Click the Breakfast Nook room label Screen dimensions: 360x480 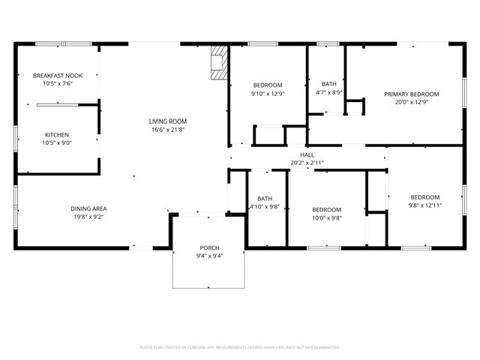[56, 75]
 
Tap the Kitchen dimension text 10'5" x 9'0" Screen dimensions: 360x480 [56, 142]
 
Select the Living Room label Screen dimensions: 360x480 [167, 121]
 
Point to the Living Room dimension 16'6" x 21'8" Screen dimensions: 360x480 [167, 129]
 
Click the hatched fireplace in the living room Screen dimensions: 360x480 [218, 63]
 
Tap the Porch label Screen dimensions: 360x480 [209, 247]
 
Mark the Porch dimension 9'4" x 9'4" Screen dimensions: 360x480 [209, 256]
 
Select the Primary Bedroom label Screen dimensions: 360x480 [411, 94]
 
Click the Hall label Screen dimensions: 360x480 [307, 154]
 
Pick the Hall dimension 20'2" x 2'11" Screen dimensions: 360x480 [307, 163]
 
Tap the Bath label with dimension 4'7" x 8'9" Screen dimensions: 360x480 [328, 84]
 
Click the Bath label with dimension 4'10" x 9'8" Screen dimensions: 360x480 [263, 198]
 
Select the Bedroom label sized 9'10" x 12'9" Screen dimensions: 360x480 [267, 85]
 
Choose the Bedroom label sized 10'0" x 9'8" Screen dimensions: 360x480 [326, 209]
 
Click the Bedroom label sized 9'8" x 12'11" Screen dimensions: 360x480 [425, 196]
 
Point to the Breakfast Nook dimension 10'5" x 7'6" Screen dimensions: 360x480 [56, 83]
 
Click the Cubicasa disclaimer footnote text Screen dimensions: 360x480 [240, 347]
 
